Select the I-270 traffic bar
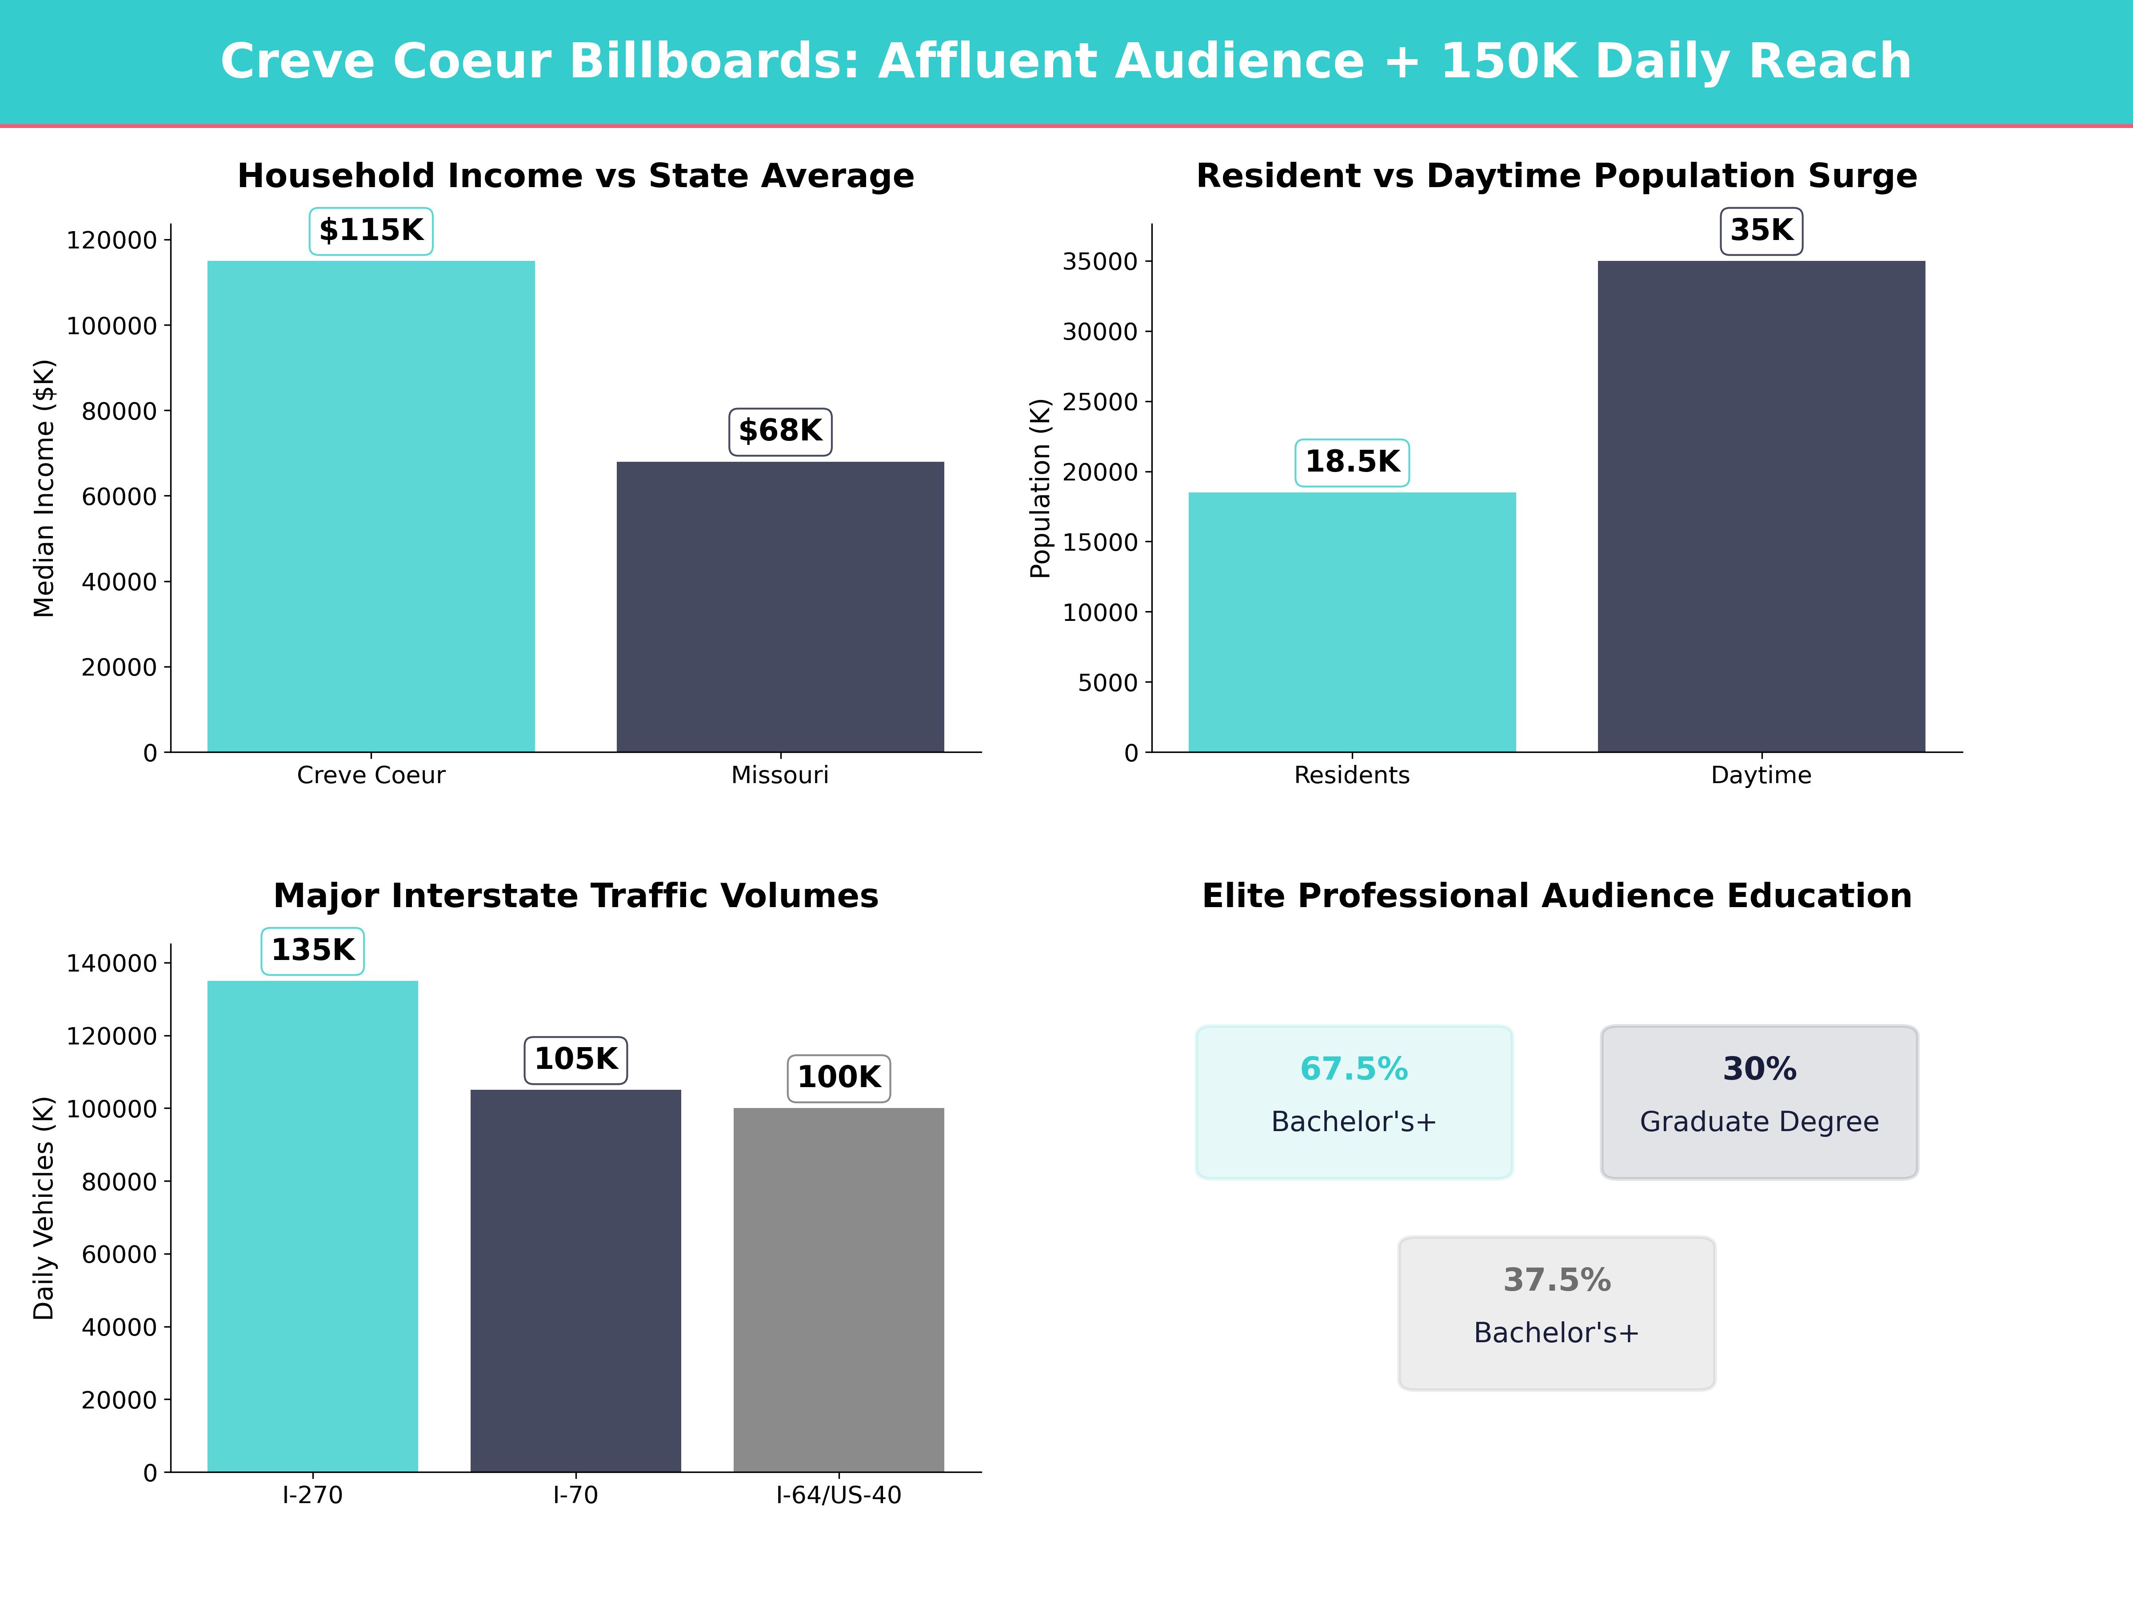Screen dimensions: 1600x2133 click(x=312, y=1225)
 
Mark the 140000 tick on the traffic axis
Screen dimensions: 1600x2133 click(x=111, y=963)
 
